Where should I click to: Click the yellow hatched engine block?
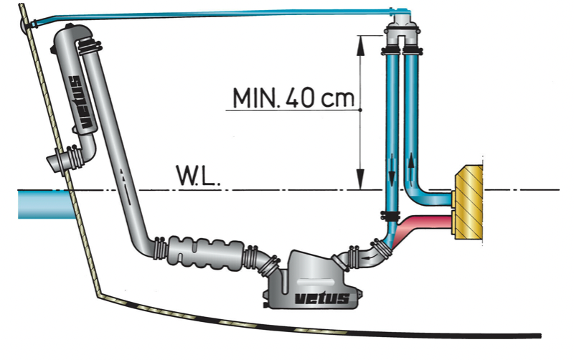click(x=467, y=202)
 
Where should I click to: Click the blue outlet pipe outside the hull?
click(x=43, y=203)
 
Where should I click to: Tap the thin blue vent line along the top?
click(x=215, y=14)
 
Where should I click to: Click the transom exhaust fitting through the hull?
click(x=60, y=159)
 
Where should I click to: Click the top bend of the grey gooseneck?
click(x=72, y=36)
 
